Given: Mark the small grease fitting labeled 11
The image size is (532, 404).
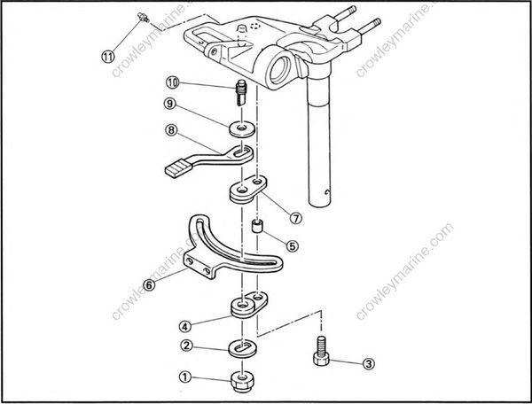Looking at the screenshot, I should click(x=141, y=17).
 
